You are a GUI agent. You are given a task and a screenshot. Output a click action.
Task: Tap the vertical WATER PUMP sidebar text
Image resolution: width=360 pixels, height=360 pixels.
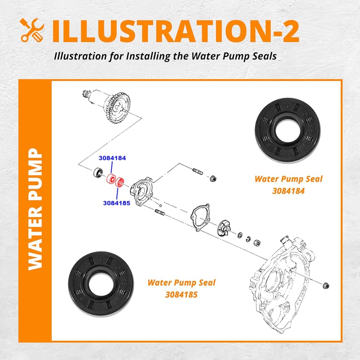click(x=36, y=209)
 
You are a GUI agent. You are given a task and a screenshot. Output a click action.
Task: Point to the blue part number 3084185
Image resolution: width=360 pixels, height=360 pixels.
click(x=116, y=203)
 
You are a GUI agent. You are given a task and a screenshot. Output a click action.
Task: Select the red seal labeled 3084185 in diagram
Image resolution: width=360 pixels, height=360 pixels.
click(x=120, y=181)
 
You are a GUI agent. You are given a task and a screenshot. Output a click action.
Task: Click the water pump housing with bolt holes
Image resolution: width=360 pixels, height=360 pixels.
click(x=142, y=191)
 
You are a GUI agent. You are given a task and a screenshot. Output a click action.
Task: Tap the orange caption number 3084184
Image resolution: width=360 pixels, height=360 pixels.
click(x=288, y=191)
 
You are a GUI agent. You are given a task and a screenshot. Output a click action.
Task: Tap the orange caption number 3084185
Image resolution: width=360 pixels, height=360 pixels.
click(x=181, y=294)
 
